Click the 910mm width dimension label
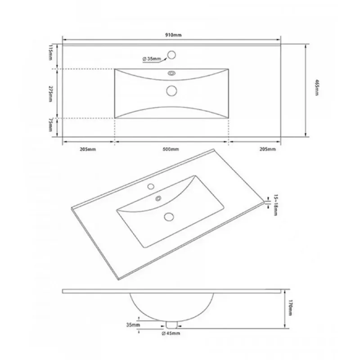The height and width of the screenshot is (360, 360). [173, 35]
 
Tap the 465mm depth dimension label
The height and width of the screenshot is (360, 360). [317, 87]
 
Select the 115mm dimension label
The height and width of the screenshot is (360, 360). [50, 52]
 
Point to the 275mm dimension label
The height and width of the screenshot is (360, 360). [50, 94]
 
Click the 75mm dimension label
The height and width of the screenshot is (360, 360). [50, 125]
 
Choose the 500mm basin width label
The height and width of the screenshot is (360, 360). [171, 149]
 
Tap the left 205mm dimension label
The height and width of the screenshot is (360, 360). [88, 149]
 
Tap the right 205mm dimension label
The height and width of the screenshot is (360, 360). [267, 149]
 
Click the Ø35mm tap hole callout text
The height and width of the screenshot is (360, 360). [152, 59]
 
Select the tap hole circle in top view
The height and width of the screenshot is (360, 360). [171, 55]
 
